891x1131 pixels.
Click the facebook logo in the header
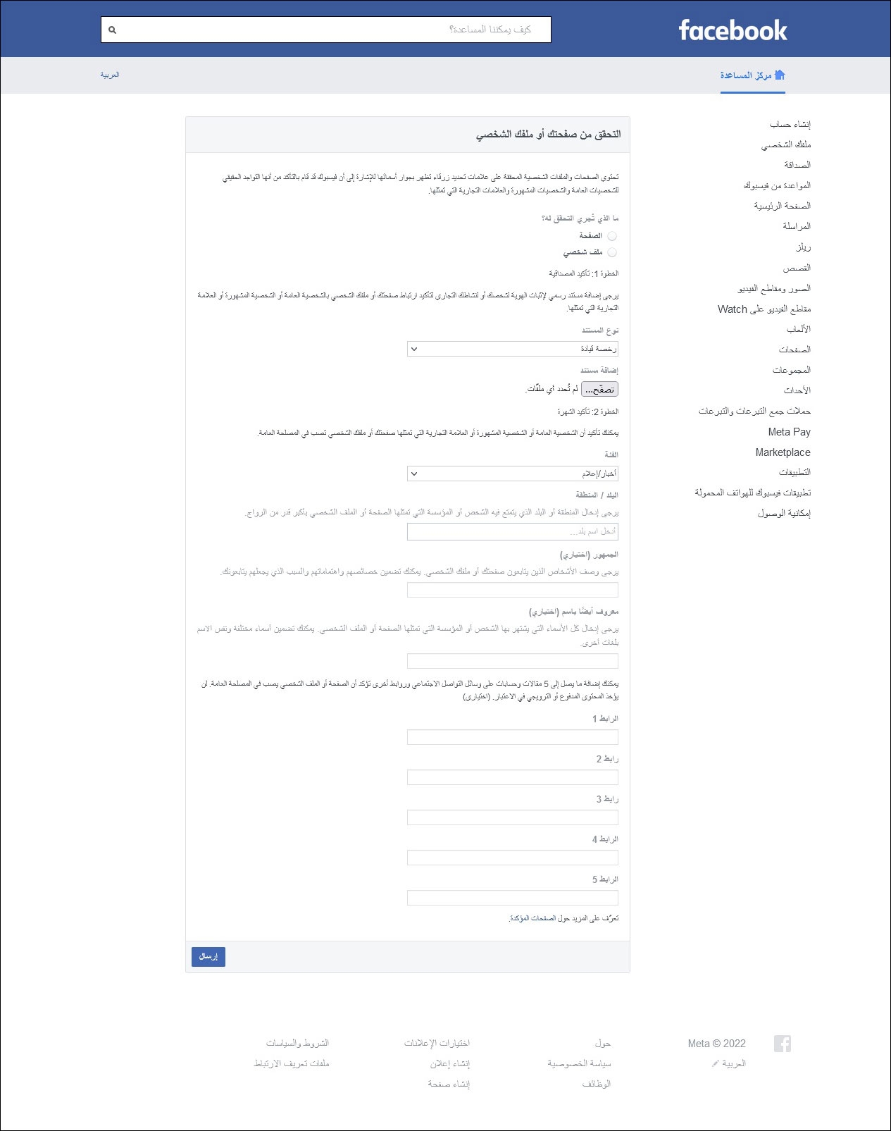(733, 30)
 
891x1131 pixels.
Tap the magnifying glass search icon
(112, 30)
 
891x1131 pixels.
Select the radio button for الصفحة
(611, 236)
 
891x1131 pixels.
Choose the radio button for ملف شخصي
(611, 252)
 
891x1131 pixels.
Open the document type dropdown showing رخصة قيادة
(512, 349)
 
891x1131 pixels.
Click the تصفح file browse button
(599, 389)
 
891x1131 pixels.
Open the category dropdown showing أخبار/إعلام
(512, 474)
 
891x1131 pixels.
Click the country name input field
(512, 531)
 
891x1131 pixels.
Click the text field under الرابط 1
(512, 737)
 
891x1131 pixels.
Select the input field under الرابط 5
(512, 898)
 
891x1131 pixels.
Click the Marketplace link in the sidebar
(783, 452)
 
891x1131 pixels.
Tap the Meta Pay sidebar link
(789, 432)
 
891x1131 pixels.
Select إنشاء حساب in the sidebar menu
(790, 125)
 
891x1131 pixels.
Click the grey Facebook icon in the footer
(782, 1044)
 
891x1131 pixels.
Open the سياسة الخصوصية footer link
(579, 1063)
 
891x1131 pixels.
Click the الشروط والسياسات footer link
(297, 1043)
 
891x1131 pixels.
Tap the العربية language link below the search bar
(110, 75)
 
